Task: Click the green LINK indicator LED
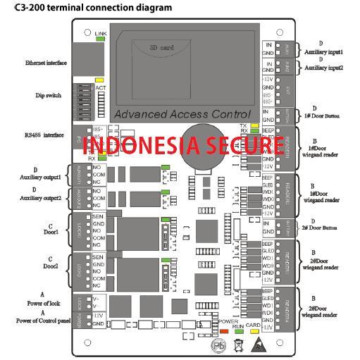click(100, 39)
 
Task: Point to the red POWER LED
click(224, 330)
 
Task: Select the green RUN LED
click(240, 330)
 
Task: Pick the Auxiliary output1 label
click(42, 177)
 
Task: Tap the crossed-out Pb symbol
click(221, 346)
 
